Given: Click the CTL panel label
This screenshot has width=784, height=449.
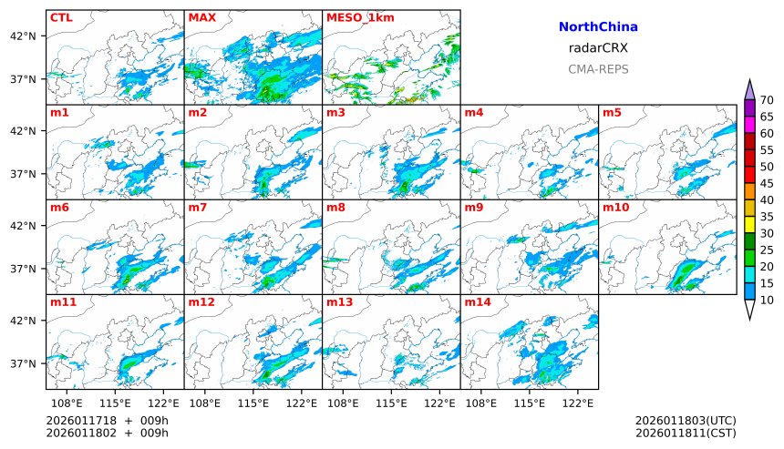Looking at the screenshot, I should point(61,17).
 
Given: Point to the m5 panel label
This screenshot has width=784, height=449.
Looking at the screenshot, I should point(612,113).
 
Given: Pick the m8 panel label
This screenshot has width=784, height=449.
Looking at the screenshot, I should point(335,208).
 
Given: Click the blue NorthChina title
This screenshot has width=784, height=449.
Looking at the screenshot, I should point(598,27).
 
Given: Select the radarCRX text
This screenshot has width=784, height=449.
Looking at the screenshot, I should point(598,48).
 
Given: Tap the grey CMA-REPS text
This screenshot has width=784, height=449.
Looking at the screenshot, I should point(598,69).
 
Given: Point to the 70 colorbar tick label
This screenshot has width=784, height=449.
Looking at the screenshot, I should point(767,100).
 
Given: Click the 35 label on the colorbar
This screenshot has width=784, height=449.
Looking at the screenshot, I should point(767,217).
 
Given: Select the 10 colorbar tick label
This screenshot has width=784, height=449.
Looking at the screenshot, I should point(767,300).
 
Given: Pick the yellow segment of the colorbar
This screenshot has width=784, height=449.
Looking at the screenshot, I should point(749,224).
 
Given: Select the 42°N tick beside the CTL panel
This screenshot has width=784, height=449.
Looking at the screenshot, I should point(23,36).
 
